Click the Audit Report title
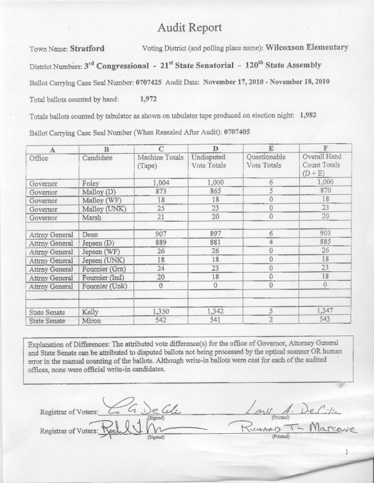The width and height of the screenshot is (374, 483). (186, 28)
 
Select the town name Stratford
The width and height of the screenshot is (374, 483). (87, 48)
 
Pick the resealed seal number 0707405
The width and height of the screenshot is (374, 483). (224, 133)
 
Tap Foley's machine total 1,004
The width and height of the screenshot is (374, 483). (160, 184)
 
